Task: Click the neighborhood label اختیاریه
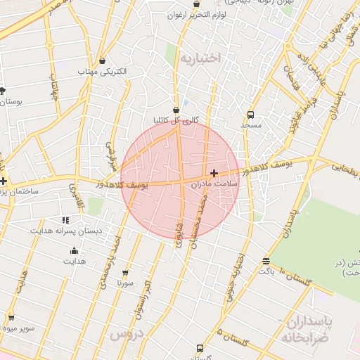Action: (x=200, y=58)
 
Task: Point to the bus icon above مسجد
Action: (x=250, y=114)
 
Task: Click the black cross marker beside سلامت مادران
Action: (x=214, y=172)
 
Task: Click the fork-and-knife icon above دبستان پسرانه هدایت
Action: (x=65, y=220)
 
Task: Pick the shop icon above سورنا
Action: (x=126, y=273)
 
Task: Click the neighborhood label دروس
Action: (x=127, y=334)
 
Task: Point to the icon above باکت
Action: (x=266, y=260)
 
